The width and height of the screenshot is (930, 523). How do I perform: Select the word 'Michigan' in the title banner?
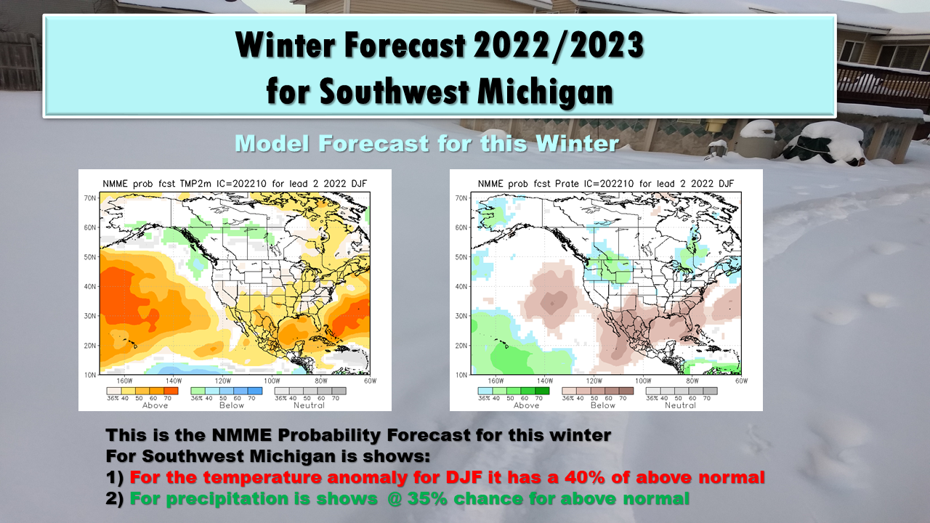(x=545, y=92)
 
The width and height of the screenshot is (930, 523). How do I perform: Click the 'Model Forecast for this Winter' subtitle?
(x=426, y=144)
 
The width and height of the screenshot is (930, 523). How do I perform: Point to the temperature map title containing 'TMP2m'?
(x=235, y=184)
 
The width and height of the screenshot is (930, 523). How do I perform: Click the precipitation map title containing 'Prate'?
(x=606, y=184)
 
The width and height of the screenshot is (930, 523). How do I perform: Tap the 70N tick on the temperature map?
(x=90, y=198)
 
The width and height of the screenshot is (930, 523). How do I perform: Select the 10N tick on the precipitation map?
(x=461, y=375)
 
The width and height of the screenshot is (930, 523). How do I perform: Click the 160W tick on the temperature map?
(x=124, y=381)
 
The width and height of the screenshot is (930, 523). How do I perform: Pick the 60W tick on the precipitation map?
(x=741, y=381)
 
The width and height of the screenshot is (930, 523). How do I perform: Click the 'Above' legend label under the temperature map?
(x=155, y=405)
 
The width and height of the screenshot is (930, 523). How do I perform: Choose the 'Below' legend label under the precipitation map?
(x=603, y=405)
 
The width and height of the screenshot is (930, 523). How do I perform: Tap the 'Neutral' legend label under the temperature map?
(x=310, y=405)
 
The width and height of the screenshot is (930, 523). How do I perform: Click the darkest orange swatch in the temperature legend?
(x=171, y=391)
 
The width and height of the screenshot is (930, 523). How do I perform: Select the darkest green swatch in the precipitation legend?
(x=542, y=391)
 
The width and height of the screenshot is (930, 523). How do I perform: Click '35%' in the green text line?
(x=427, y=498)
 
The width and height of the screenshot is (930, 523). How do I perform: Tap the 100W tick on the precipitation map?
(x=643, y=381)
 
